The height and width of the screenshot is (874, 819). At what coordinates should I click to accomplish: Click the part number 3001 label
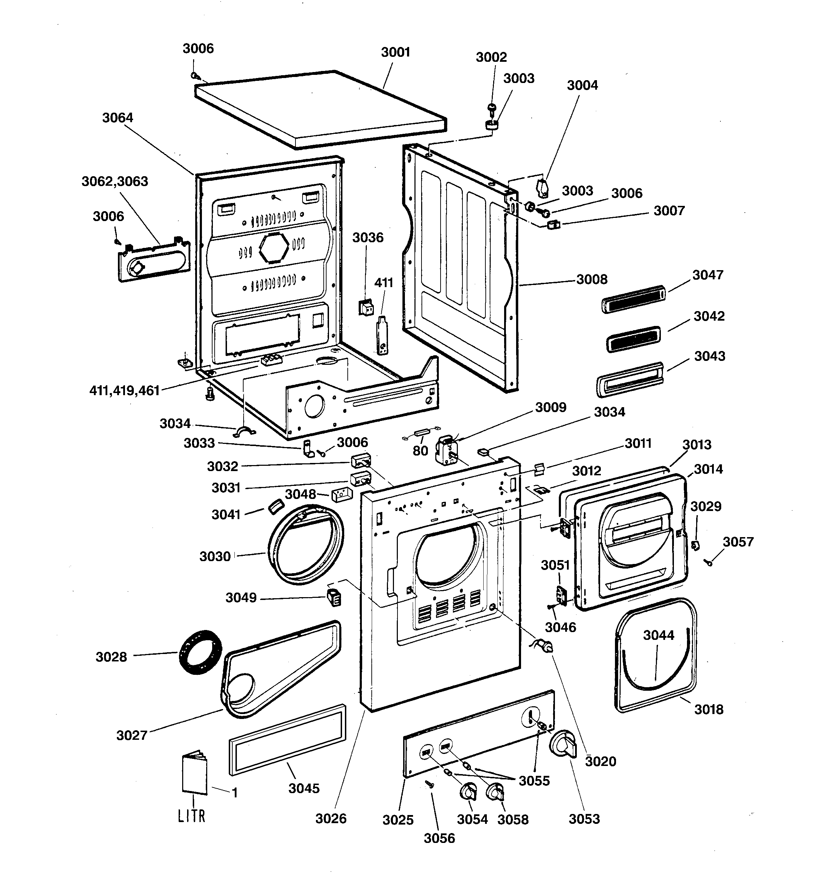pos(395,52)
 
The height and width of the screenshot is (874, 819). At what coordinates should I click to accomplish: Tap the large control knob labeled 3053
pos(563,744)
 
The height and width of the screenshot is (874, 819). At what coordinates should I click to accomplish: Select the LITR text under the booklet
pos(191,816)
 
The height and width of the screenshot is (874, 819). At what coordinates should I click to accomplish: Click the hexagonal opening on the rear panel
pos(274,248)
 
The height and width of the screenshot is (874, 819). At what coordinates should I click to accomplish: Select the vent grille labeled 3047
pos(633,299)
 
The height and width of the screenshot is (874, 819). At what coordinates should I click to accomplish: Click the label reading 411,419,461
pos(124,391)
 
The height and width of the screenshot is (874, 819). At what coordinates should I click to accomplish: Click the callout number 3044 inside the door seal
pos(658,635)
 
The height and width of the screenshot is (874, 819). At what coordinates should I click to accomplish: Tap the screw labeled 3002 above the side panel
pos(491,108)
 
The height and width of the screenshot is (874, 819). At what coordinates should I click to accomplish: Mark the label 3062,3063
pos(115,182)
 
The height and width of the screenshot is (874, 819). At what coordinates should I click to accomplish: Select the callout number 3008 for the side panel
pos(592,279)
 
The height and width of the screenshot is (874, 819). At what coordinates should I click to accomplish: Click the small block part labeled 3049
pos(334,598)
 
